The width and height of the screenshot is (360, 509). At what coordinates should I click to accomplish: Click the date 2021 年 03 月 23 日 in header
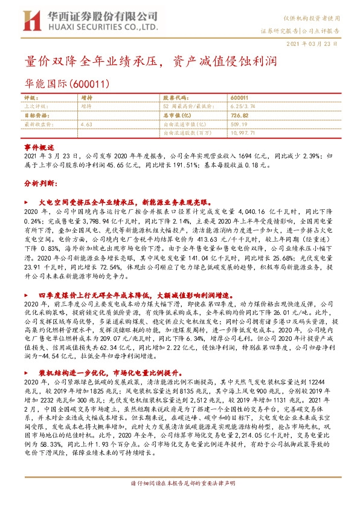coord(318,45)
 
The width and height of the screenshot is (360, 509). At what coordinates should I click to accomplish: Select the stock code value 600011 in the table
coord(239,97)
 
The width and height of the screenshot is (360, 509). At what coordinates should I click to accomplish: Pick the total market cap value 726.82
coord(240,114)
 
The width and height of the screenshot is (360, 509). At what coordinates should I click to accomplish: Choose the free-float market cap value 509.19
coord(240,123)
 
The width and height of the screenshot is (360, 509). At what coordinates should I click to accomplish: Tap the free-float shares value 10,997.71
coord(244,131)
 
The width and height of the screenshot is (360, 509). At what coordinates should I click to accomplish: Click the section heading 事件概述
coord(39,148)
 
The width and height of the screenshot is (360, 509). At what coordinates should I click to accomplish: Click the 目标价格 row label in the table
coord(34,114)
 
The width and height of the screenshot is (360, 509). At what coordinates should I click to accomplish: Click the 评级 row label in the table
coord(30,97)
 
